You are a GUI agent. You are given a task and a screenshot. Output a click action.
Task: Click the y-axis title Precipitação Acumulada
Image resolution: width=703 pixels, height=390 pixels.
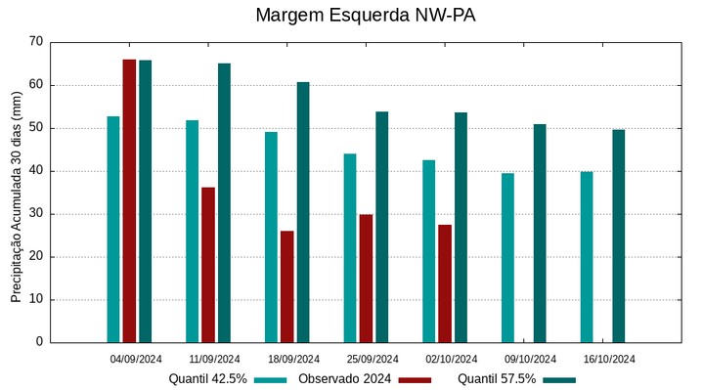coord(16,192)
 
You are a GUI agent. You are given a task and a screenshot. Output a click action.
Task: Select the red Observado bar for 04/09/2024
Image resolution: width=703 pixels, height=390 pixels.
coord(129,200)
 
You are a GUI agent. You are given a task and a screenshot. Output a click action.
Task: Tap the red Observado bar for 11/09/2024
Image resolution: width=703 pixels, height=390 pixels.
coord(208,264)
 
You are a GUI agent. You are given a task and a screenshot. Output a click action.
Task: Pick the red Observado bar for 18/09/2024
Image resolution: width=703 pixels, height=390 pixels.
coord(287,286)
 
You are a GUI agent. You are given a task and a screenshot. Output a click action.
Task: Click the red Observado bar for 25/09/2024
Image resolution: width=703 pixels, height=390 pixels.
coord(366,278)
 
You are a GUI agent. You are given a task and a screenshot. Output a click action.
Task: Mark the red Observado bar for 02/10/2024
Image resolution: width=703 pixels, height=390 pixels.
coord(445,283)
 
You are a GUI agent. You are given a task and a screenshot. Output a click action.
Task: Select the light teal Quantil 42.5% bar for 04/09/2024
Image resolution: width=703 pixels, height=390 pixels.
coord(113,229)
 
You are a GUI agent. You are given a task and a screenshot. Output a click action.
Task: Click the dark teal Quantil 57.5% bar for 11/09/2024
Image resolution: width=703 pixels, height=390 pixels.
coord(224,202)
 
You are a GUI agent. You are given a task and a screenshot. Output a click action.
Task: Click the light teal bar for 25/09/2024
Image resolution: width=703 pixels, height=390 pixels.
coord(350,247)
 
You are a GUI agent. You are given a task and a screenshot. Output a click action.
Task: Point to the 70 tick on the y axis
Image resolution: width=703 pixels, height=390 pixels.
coord(36,42)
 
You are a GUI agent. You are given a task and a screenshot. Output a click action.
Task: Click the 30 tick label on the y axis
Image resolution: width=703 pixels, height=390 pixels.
coord(36,214)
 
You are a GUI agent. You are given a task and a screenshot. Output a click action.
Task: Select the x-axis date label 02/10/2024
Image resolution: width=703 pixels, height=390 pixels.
coord(452,359)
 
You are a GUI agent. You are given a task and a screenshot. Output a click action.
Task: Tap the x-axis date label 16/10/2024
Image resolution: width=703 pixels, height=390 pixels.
coord(609,359)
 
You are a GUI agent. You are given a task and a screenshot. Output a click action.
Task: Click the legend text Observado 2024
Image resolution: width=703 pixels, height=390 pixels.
coord(345,379)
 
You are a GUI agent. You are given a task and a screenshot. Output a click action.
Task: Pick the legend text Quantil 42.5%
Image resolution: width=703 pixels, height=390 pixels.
coord(207,379)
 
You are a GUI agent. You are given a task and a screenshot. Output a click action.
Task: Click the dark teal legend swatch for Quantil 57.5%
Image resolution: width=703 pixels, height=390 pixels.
coord(559,379)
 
